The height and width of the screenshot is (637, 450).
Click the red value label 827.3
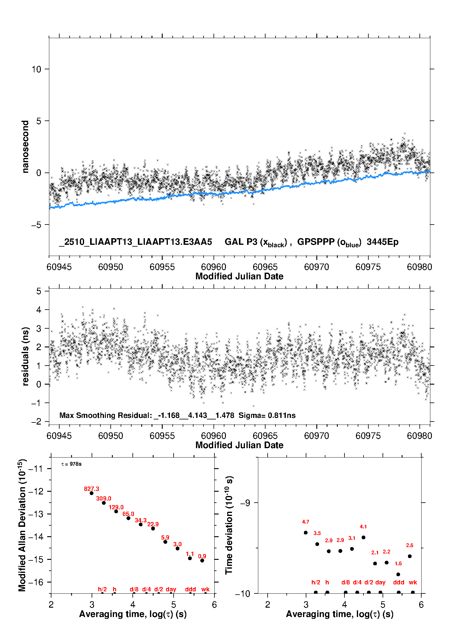click(91, 489)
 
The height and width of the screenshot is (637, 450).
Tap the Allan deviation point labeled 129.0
click(116, 511)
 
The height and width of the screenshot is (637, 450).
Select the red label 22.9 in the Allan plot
click(153, 524)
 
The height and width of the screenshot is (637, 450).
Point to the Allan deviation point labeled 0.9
click(202, 560)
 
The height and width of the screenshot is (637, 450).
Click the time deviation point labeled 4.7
click(305, 533)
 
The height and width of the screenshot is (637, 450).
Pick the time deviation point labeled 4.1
click(363, 537)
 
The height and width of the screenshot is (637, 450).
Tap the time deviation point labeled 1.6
click(398, 574)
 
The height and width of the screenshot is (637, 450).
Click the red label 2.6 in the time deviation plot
click(409, 545)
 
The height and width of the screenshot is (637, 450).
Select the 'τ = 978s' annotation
click(71, 464)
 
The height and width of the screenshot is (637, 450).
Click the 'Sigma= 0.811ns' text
click(267, 415)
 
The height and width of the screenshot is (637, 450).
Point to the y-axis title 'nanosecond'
click(25, 147)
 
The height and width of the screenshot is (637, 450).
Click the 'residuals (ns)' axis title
click(25, 356)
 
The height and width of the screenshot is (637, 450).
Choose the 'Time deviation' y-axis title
click(229, 525)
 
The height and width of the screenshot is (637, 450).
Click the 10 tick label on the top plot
click(36, 69)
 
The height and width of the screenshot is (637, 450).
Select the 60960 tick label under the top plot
click(214, 267)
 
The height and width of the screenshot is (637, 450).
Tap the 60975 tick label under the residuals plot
click(368, 436)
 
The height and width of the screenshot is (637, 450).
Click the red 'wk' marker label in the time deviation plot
click(413, 582)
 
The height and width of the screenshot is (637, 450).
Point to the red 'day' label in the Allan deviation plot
click(171, 589)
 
